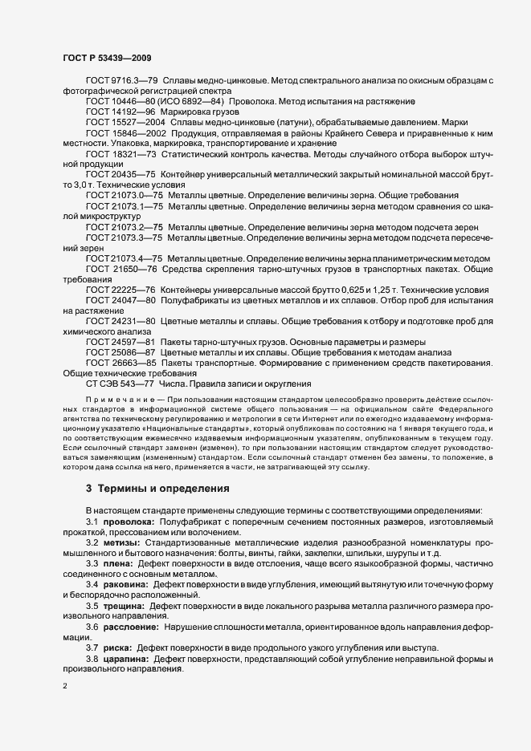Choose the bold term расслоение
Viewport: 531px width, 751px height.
[x=130, y=626]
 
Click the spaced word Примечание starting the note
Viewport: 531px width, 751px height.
[x=118, y=399]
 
